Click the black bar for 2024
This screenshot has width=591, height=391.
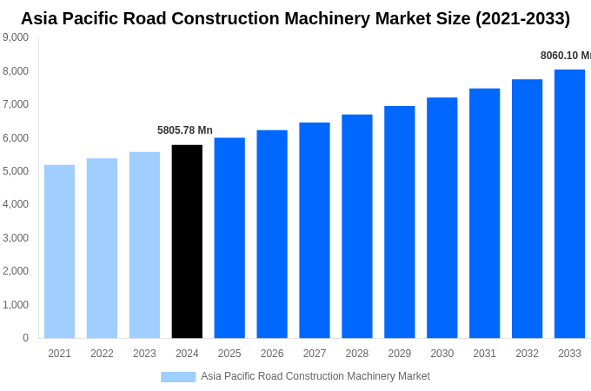(187, 242)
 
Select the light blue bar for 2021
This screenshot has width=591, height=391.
(59, 252)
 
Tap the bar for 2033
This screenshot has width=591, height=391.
(569, 204)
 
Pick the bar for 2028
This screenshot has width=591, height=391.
(356, 226)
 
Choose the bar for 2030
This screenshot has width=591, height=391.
(442, 218)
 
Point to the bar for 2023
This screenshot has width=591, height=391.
(144, 245)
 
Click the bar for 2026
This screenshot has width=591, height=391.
(272, 235)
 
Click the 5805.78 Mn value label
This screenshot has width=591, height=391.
(184, 130)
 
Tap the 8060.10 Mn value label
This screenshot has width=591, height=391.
(565, 56)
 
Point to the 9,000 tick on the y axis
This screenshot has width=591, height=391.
(16, 37)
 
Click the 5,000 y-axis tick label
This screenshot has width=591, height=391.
(16, 171)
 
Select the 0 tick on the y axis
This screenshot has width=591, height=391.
(25, 338)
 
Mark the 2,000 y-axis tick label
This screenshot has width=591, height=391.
(16, 271)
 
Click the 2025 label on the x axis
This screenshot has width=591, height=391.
(229, 354)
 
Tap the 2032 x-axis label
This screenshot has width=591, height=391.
(527, 354)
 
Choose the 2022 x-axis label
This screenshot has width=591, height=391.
(102, 354)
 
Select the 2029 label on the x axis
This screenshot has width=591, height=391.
(399, 354)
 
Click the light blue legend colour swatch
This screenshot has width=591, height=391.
(178, 376)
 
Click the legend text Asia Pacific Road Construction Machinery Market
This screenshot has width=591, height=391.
(315, 376)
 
